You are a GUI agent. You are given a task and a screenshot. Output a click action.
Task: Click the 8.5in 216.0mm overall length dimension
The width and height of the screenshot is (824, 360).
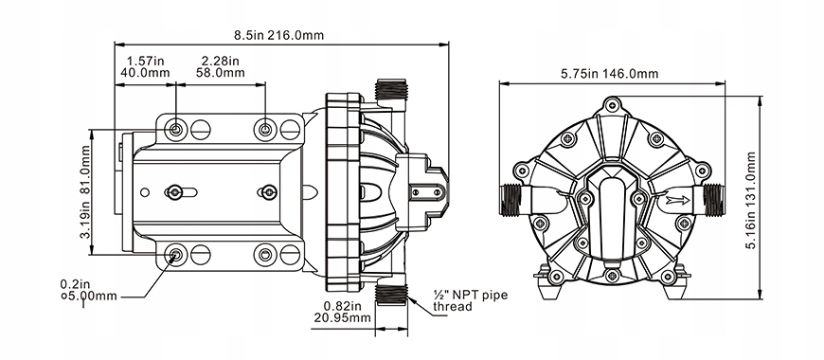(279, 36)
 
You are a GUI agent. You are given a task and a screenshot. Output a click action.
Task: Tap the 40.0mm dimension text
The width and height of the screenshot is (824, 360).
(145, 73)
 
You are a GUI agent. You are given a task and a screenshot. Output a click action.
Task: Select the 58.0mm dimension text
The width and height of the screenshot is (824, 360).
(221, 73)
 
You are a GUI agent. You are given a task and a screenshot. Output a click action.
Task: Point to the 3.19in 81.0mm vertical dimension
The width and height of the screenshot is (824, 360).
(85, 192)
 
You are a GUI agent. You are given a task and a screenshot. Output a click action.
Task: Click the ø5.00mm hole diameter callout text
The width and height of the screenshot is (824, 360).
(89, 297)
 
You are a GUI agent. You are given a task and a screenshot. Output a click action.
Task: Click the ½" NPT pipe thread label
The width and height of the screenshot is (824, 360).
(471, 300)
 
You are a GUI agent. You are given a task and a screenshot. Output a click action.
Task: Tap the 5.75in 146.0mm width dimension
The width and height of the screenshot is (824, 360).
(610, 74)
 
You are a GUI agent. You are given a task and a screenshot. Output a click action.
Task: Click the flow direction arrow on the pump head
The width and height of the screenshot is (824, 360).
(676, 200)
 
